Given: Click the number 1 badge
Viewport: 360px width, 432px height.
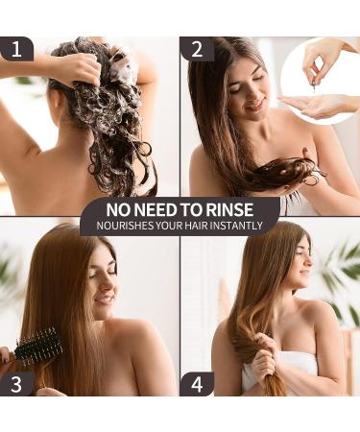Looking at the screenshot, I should click(x=16, y=49).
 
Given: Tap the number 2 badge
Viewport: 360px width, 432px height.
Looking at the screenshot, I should click(x=197, y=49).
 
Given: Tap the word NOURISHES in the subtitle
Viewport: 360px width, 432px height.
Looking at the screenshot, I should click(x=122, y=226).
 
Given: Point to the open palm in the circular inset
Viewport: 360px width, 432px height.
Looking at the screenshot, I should click(x=307, y=102).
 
